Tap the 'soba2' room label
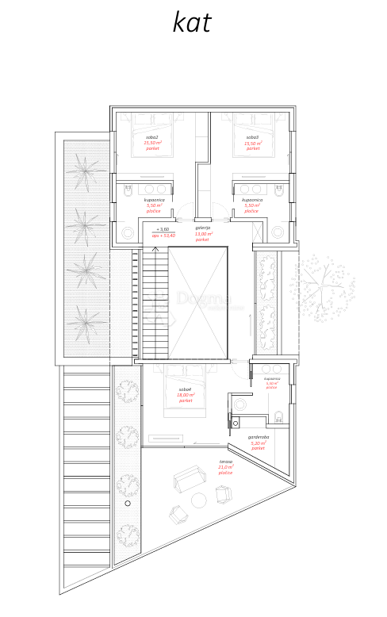152,137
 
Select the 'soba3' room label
252,137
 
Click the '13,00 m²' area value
204,234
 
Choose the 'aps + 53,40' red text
163,236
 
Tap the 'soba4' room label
185,389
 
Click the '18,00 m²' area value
186,395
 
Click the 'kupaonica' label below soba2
154,200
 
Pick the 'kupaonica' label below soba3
252,200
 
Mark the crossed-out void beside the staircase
198,301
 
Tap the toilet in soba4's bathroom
279,417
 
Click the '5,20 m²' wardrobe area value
259,443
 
